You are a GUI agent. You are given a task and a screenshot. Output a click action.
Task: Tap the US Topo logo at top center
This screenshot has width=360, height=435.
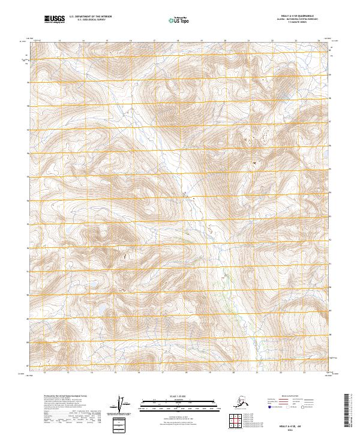coord(176,20)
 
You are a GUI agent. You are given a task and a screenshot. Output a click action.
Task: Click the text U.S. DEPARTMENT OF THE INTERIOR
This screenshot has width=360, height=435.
coord(89,17)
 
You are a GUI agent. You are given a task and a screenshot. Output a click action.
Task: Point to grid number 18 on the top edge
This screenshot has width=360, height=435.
coord(178,41)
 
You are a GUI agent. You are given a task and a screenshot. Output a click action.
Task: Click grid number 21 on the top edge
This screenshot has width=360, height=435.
coord(248,41)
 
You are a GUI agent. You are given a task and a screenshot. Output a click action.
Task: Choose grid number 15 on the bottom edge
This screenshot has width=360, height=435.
coord(107,373)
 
